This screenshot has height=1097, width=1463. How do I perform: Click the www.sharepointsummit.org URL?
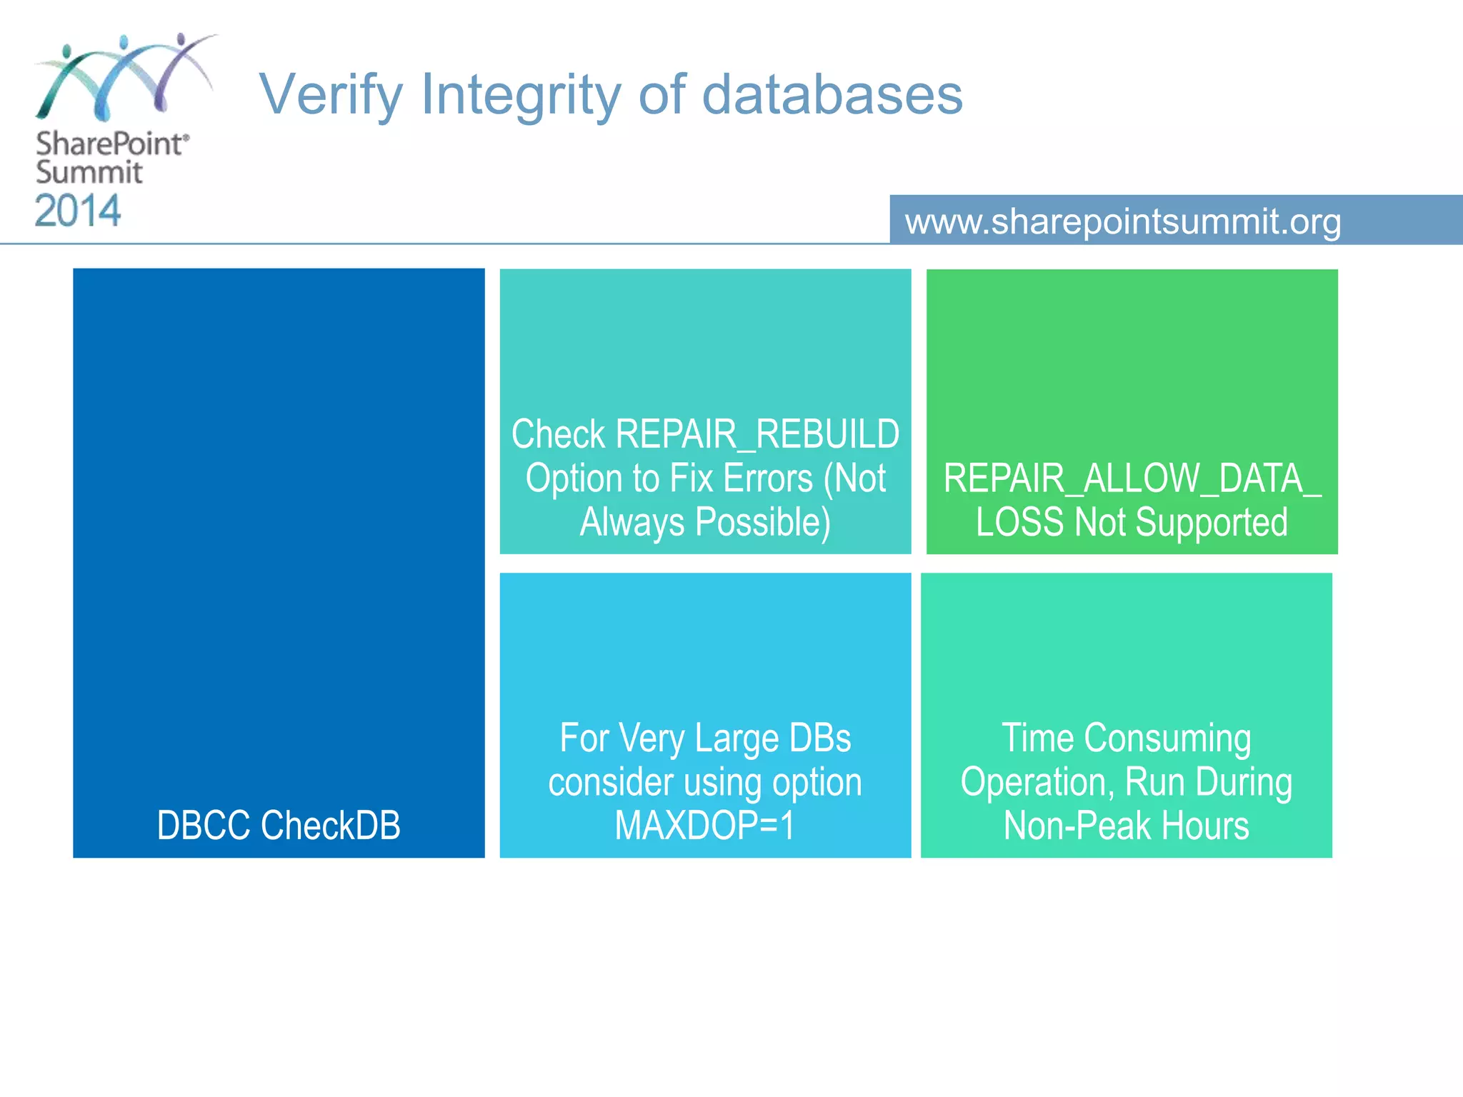(1123, 221)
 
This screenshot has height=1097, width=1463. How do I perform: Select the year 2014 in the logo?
(78, 211)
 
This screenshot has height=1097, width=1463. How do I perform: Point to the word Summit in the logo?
(89, 173)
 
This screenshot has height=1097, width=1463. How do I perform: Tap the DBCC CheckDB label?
(279, 826)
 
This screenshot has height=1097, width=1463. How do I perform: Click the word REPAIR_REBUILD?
(757, 434)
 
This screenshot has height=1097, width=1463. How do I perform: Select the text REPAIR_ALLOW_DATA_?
(1132, 479)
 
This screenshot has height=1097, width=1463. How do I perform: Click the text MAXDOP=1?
(704, 826)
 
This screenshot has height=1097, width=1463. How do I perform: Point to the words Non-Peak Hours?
(1126, 826)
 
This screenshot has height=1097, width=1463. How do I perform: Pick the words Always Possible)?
(705, 522)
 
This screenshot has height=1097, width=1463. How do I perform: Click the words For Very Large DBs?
(705, 738)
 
